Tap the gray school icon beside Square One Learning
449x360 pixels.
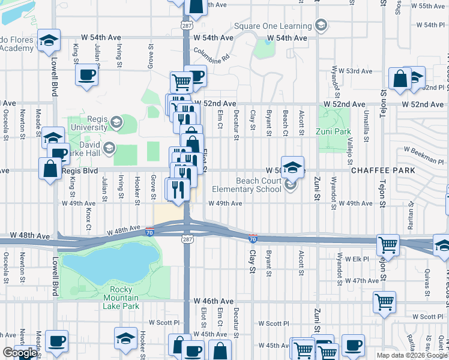pos(321,25)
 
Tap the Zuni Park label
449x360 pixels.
pos(329,131)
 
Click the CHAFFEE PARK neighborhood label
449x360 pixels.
pos(383,171)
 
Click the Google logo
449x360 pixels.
pos(19,353)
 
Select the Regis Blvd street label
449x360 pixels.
pos(79,171)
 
